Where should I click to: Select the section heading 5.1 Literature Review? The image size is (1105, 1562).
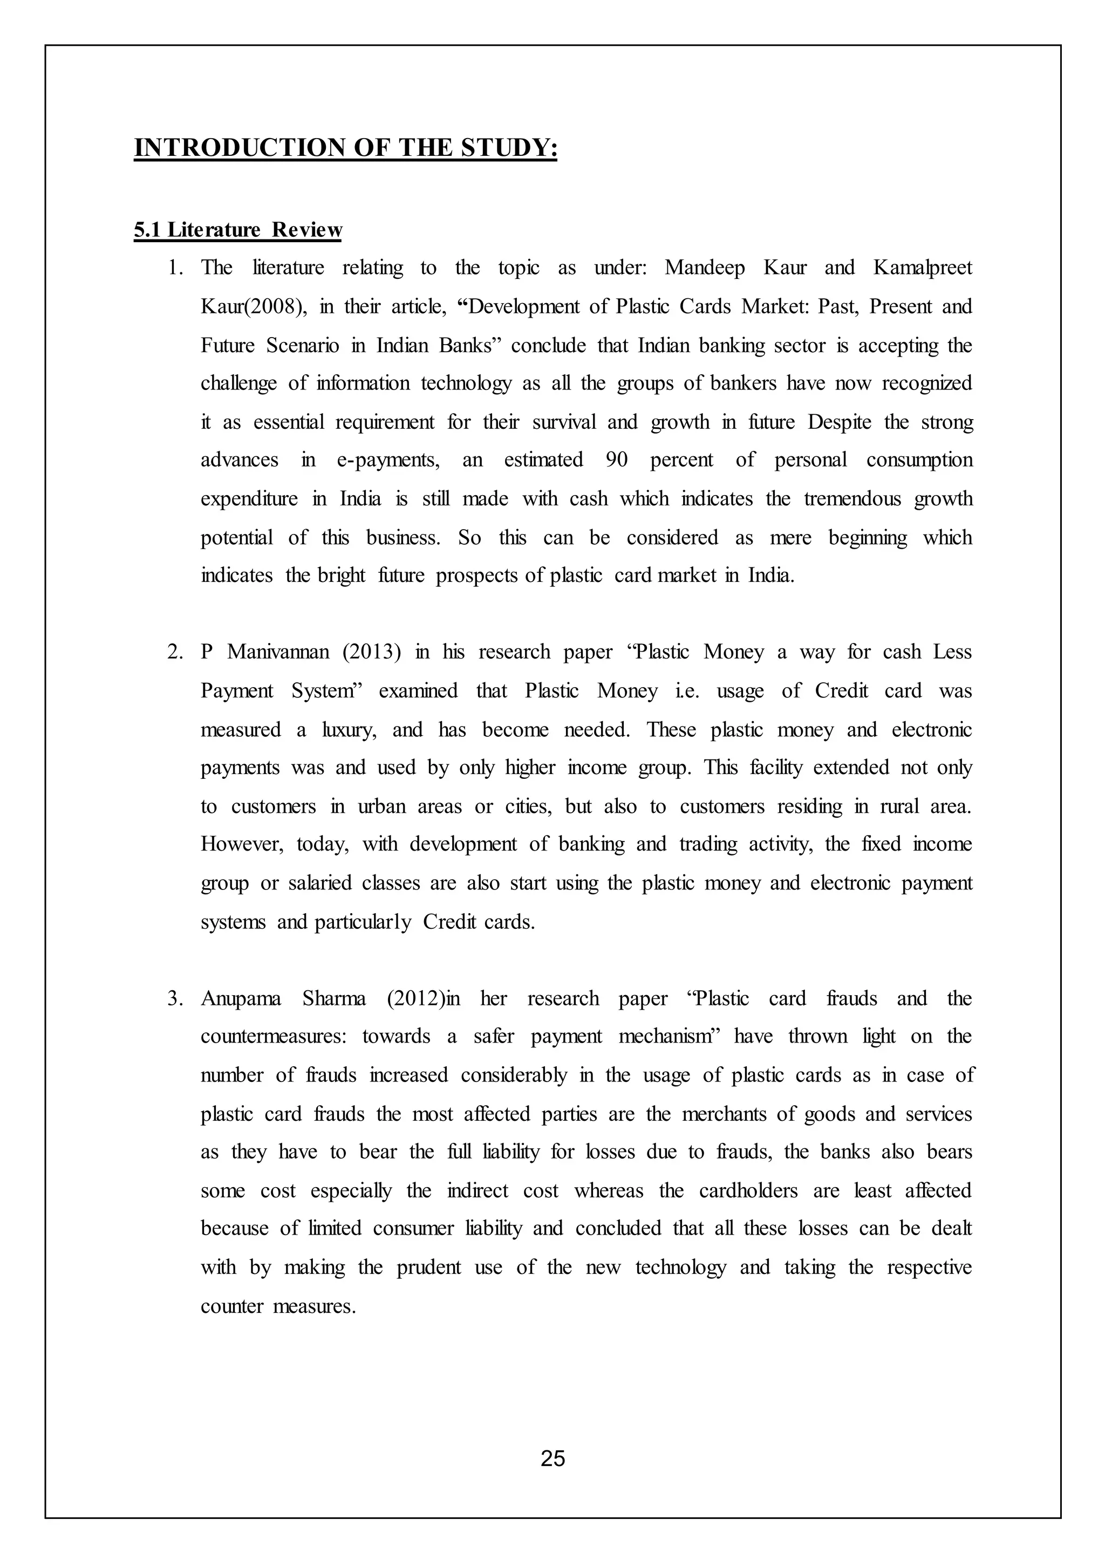point(237,230)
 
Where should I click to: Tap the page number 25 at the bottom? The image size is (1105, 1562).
point(552,1458)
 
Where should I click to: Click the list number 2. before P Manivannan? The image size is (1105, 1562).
point(175,653)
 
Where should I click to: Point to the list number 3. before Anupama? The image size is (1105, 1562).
point(175,999)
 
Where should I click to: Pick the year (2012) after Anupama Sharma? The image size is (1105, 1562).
point(415,999)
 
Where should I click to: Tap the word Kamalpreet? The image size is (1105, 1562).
point(923,268)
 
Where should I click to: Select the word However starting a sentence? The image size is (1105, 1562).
point(240,844)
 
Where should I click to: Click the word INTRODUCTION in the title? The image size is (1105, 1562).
point(240,148)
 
